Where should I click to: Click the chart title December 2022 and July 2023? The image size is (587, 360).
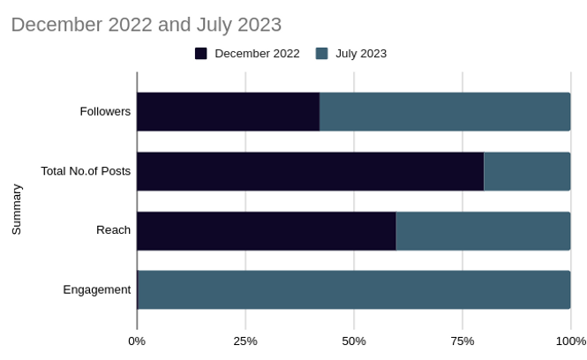pyautogui.click(x=146, y=24)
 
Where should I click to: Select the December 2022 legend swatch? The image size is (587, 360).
pyautogui.click(x=201, y=54)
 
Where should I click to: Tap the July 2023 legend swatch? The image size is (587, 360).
pyautogui.click(x=321, y=54)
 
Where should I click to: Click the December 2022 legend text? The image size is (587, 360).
pyautogui.click(x=257, y=54)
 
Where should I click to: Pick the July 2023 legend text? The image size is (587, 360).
pyautogui.click(x=361, y=54)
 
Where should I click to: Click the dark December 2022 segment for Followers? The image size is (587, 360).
pyautogui.click(x=228, y=112)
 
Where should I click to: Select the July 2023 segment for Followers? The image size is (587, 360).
pyautogui.click(x=445, y=112)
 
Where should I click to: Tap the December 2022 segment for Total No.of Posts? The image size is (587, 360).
pyautogui.click(x=310, y=171)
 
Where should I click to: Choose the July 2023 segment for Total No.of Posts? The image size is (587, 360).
pyautogui.click(x=527, y=171)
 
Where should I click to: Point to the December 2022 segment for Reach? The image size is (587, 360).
pyautogui.click(x=267, y=230)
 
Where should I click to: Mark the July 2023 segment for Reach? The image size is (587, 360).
pyautogui.click(x=484, y=230)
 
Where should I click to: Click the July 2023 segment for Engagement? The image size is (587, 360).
pyautogui.click(x=354, y=289)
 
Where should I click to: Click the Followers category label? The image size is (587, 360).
pyautogui.click(x=105, y=112)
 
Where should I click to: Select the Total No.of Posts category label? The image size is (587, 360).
pyautogui.click(x=86, y=171)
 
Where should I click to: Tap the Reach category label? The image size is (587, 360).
pyautogui.click(x=113, y=230)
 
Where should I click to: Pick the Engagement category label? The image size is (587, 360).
pyautogui.click(x=97, y=289)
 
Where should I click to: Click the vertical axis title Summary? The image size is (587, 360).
pyautogui.click(x=17, y=209)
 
